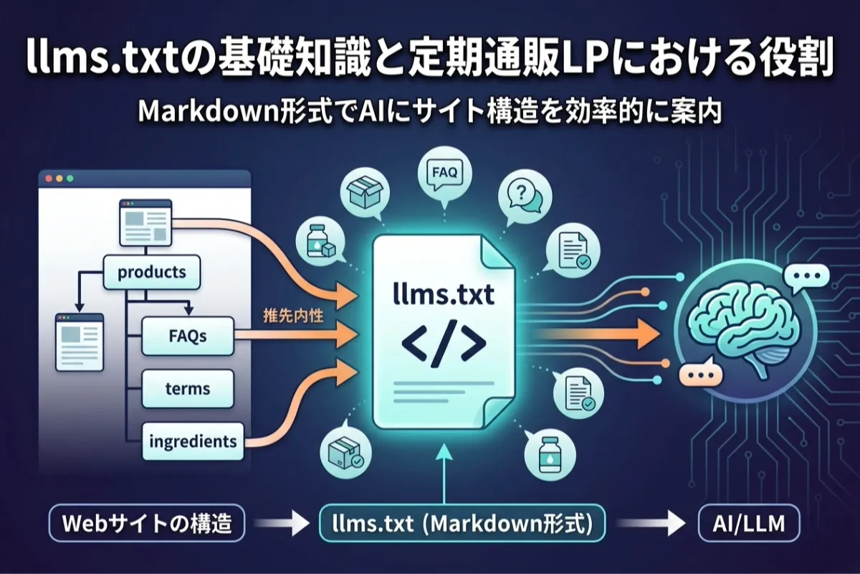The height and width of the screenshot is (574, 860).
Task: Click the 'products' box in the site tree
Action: point(152,272)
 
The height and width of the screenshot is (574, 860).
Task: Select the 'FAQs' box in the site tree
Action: point(187,336)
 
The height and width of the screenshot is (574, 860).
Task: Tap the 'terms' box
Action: point(187,389)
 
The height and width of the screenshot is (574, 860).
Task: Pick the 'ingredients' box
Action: point(193,441)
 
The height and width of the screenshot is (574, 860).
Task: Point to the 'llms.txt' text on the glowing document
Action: point(444,295)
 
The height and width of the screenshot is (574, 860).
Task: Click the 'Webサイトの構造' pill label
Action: point(147,523)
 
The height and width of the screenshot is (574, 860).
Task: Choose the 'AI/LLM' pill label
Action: point(749,523)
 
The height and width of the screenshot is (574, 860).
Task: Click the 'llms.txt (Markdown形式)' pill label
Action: point(462,523)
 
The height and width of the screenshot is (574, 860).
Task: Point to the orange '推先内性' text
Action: point(293,316)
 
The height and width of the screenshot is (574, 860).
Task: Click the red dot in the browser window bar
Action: point(49,179)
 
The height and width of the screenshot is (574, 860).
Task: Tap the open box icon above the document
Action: point(365,192)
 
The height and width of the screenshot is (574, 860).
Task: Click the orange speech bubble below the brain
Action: point(700,374)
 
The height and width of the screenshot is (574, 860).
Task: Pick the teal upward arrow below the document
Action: point(444,474)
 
